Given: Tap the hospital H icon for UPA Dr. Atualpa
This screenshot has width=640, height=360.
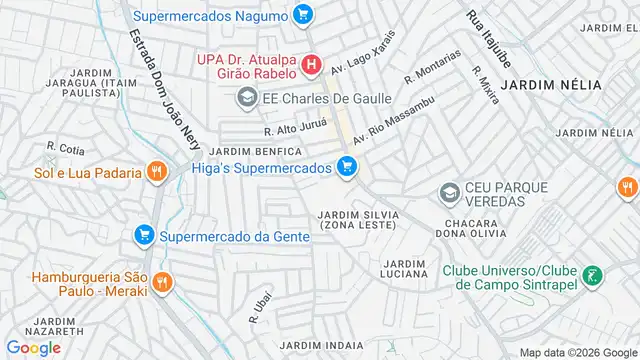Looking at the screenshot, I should pos(312,67).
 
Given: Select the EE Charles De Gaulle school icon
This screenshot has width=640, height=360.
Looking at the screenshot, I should pos(245,98).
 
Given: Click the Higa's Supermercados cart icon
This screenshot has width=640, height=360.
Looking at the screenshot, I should pos(347,167).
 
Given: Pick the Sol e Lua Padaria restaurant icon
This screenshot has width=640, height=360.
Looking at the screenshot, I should pos(155,172).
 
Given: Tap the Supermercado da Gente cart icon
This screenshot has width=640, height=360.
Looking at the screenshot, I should pos(144,236).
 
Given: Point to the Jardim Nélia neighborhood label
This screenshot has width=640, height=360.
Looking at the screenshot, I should pos(551,85).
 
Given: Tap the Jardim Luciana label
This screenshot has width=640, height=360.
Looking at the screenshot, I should pos(405,268).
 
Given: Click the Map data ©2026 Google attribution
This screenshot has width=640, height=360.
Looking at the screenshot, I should pos(577,352).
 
